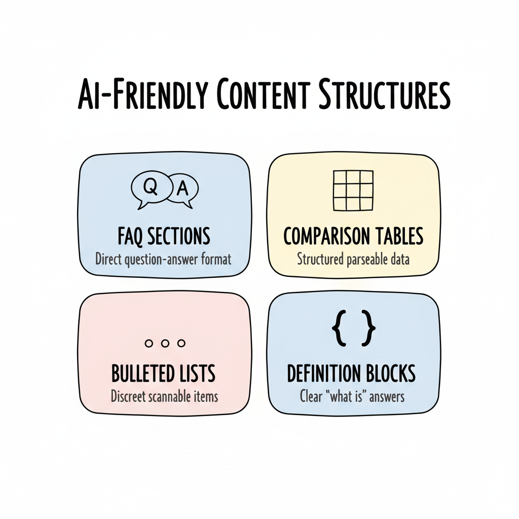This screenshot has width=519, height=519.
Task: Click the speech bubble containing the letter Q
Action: click(151, 189)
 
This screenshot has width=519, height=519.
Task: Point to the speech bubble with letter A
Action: click(183, 190)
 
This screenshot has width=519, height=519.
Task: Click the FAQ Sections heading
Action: click(164, 236)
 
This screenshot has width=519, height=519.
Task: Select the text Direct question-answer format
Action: click(163, 259)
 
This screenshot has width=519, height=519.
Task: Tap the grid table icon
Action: click(353, 191)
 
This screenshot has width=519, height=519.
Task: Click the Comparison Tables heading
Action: click(353, 236)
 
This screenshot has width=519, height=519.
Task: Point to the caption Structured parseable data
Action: click(353, 259)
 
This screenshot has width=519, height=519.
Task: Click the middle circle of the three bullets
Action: click(165, 343)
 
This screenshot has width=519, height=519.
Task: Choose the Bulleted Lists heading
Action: click(163, 374)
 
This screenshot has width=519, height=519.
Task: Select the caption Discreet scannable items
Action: click(164, 395)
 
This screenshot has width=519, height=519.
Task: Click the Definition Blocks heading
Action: click(351, 374)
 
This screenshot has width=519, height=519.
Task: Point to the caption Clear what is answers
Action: click(352, 395)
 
